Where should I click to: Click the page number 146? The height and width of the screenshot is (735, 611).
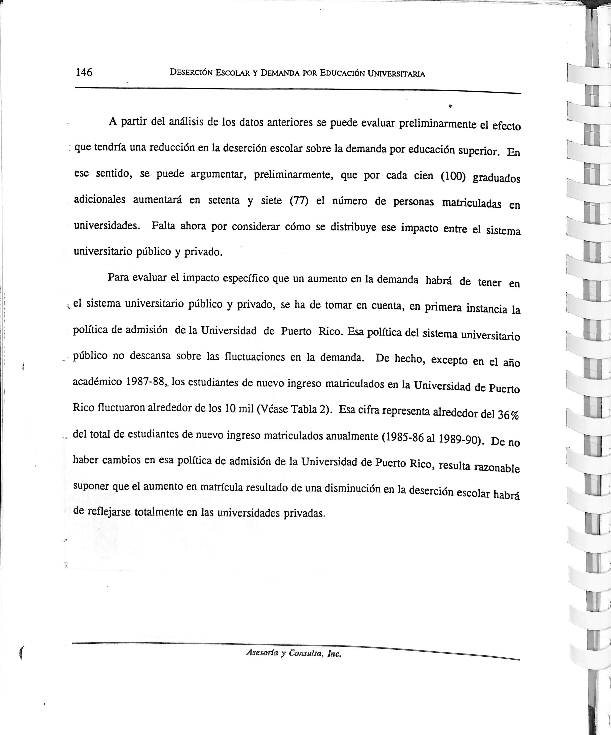click(x=84, y=72)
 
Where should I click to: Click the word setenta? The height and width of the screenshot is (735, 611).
click(x=224, y=200)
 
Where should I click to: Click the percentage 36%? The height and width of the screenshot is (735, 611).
click(x=508, y=415)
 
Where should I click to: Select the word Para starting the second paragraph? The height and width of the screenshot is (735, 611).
click(x=118, y=277)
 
